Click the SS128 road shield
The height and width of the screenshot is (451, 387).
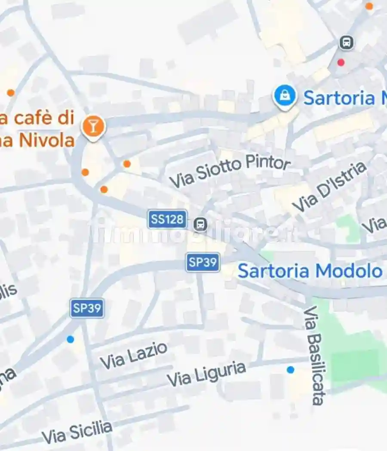pyautogui.click(x=167, y=219)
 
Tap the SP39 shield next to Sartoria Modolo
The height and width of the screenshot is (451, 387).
pyautogui.click(x=203, y=262)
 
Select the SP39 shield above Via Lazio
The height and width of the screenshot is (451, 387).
pyautogui.click(x=87, y=308)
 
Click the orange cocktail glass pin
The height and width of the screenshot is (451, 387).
pyautogui.click(x=93, y=127)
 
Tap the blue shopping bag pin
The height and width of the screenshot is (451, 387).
pyautogui.click(x=285, y=96)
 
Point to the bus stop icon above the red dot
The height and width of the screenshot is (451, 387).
pyautogui.click(x=346, y=43)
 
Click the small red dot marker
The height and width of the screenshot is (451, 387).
pyautogui.click(x=341, y=63)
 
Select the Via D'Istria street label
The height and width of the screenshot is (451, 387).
pyautogui.click(x=329, y=187)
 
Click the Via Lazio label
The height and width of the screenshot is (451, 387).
pyautogui.click(x=133, y=355)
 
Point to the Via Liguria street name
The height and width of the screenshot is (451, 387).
pyautogui.click(x=206, y=374)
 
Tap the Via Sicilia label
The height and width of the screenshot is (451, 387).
pyautogui.click(x=77, y=432)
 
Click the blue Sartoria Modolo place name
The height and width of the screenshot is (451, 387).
pyautogui.click(x=310, y=271)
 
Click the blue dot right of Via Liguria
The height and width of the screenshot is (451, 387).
pyautogui.click(x=291, y=369)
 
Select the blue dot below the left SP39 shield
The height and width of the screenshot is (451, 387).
pyautogui.click(x=70, y=339)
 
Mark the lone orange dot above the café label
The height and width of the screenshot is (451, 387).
pyautogui.click(x=11, y=93)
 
